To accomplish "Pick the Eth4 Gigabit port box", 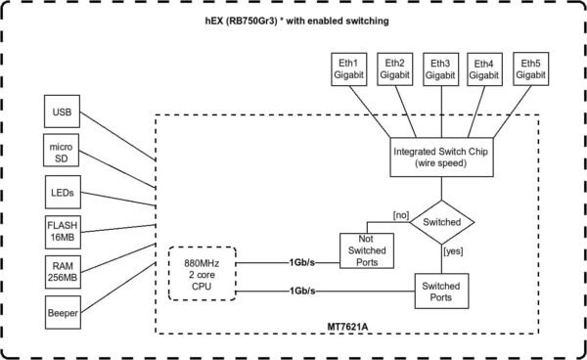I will pyautogui.click(x=488, y=67).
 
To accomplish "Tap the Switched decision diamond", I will pyautogui.click(x=441, y=223).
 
